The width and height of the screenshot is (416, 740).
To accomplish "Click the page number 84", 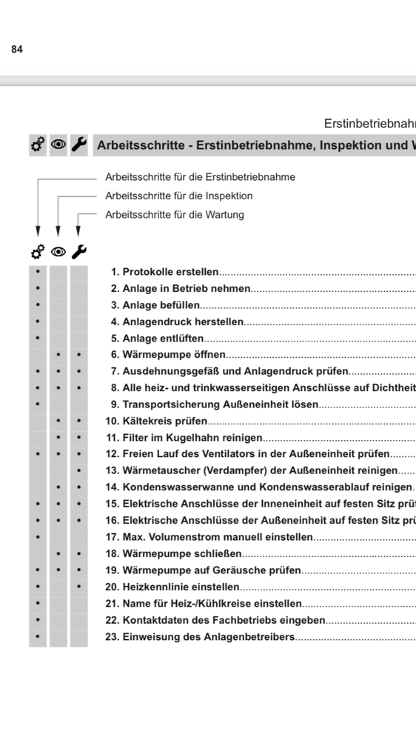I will click(x=17, y=49).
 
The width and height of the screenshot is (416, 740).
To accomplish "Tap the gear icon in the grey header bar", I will click(x=38, y=145).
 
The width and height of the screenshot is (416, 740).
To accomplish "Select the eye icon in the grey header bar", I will click(x=58, y=145).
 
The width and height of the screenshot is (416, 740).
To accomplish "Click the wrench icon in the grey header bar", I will click(x=79, y=145).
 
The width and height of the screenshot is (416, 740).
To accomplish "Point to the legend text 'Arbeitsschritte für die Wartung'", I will click(x=175, y=215).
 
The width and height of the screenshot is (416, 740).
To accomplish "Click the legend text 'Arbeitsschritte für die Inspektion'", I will click(x=179, y=196).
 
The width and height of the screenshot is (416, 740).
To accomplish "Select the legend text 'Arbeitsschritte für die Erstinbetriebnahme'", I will click(x=201, y=177).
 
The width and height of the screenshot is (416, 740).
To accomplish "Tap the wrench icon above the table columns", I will click(x=79, y=252).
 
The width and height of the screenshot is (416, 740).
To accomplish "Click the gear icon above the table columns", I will click(x=38, y=252).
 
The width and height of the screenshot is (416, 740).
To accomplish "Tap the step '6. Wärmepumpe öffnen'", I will click(x=168, y=355).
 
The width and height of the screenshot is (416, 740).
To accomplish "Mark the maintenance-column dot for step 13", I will click(x=79, y=470).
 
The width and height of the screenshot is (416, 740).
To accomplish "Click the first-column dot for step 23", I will click(x=38, y=636).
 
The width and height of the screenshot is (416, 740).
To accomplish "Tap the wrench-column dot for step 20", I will click(x=79, y=587).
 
